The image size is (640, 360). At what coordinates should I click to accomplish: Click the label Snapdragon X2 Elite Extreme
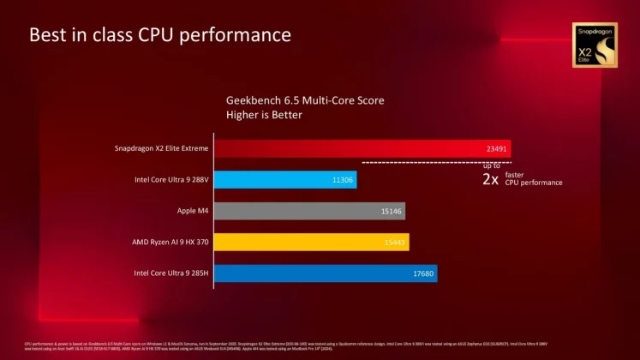click(x=161, y=148)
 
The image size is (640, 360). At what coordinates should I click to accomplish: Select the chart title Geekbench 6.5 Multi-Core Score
click(x=305, y=100)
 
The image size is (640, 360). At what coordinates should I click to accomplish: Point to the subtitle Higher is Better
click(x=264, y=115)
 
